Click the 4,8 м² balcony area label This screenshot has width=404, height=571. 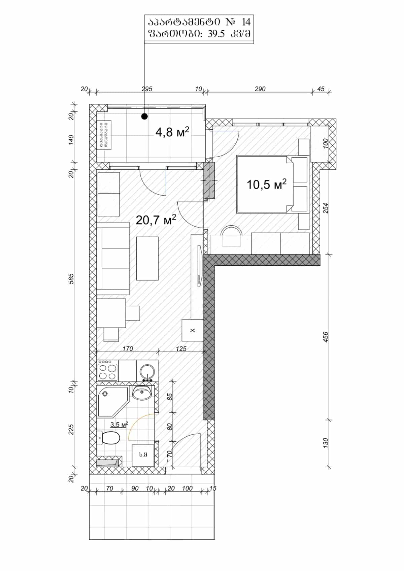(172, 132)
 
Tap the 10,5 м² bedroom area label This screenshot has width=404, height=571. (266, 184)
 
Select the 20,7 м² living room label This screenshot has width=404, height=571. (156, 220)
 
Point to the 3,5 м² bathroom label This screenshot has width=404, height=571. (119, 425)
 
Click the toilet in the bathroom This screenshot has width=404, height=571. (109, 438)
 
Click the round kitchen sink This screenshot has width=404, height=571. (147, 371)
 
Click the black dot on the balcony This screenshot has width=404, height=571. (144, 116)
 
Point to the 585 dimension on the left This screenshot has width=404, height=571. (71, 279)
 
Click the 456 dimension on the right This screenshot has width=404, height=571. (325, 337)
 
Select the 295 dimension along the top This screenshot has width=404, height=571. (147, 89)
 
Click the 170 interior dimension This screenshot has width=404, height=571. (128, 349)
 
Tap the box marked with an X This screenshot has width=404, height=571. (193, 330)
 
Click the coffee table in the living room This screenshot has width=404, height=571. (147, 258)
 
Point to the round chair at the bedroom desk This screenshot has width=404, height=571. (231, 235)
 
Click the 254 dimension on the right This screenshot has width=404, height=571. (325, 208)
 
